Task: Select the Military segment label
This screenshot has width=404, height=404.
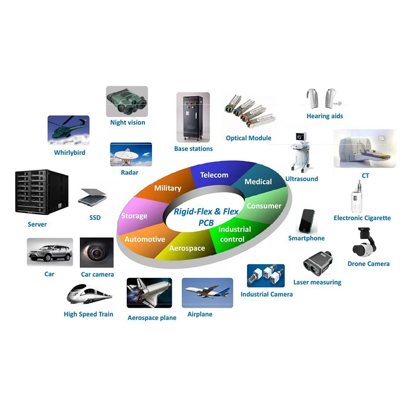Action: [x=168, y=188]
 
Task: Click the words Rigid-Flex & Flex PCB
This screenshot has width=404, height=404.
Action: [x=206, y=217]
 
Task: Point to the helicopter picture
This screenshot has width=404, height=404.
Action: [x=69, y=130]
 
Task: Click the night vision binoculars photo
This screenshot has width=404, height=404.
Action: [x=127, y=102]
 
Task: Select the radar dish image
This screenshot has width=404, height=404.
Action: [x=131, y=155]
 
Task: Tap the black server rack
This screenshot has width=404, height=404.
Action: [x=42, y=192]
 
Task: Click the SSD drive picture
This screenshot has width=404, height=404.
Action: [x=92, y=196]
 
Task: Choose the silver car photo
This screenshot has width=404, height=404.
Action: [x=50, y=252]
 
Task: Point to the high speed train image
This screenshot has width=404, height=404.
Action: [x=89, y=294]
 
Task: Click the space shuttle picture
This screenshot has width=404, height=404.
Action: [x=149, y=293]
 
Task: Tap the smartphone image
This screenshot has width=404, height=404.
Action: [x=307, y=221]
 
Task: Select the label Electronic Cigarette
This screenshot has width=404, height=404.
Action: [x=362, y=218]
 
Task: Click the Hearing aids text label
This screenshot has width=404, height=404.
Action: [x=325, y=116]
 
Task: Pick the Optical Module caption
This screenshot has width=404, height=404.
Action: [x=248, y=138]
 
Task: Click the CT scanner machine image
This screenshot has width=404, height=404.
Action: [x=365, y=148]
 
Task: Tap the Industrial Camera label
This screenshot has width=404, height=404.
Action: [x=267, y=294]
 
